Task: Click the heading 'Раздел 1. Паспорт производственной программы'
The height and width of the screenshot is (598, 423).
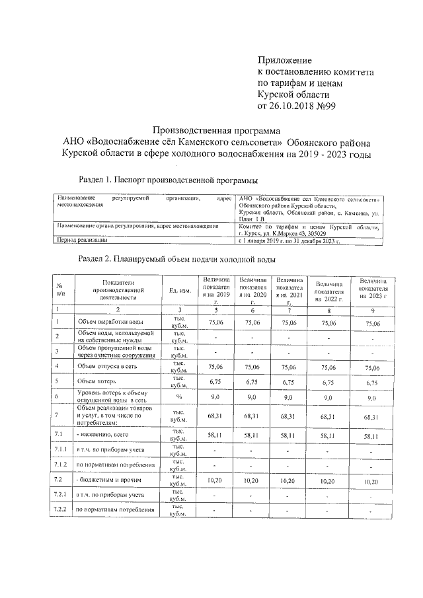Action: (x=168, y=179)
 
